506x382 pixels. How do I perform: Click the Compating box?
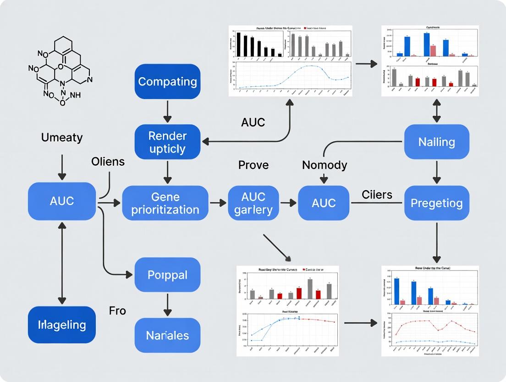coord(167,82)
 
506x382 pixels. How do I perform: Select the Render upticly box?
coord(167,142)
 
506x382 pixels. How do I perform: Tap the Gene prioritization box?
coord(165,203)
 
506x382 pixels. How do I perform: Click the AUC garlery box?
coord(253,203)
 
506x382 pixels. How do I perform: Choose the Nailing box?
coord(436,142)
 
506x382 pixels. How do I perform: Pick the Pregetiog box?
coord(436,203)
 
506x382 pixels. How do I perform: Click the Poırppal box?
coord(167,275)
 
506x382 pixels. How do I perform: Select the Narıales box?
coord(167,335)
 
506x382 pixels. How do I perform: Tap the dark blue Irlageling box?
coord(62,325)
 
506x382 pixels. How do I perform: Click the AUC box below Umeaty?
coord(62,201)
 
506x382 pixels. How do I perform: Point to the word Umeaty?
coord(62,137)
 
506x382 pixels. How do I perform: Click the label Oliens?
coord(108,162)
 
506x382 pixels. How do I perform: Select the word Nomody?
coord(324,165)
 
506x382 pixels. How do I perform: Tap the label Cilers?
coord(377,195)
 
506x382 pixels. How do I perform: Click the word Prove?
coord(253,165)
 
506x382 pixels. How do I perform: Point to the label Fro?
coord(117,311)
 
